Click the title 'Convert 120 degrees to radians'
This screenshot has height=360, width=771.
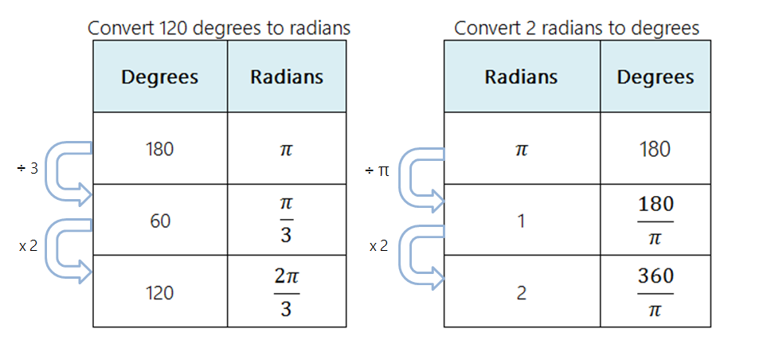click(219, 28)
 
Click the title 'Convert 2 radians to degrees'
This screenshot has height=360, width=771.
click(577, 28)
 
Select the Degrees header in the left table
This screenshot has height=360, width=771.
click(160, 77)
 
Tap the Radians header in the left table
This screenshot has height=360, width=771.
click(287, 77)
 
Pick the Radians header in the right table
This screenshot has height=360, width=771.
click(522, 77)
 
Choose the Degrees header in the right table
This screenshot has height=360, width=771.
click(656, 77)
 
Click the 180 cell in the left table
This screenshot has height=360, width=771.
click(160, 149)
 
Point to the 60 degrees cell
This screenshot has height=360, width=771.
click(160, 221)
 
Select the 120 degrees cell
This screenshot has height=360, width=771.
click(160, 292)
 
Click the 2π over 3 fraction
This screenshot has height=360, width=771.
click(287, 292)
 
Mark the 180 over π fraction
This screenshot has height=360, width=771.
click(656, 220)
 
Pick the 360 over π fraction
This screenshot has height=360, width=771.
click(656, 292)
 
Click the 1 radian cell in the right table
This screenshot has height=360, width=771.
click(522, 221)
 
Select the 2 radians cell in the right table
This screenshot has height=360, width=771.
click(522, 292)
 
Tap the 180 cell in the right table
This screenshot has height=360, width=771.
click(656, 149)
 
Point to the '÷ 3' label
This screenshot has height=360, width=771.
click(27, 170)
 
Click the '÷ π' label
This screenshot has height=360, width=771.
click(378, 171)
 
